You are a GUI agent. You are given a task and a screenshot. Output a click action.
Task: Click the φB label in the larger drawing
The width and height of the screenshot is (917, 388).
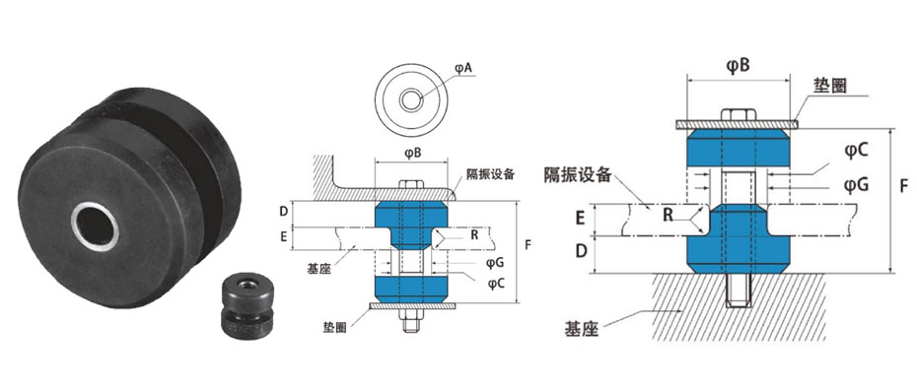[x=737, y=65]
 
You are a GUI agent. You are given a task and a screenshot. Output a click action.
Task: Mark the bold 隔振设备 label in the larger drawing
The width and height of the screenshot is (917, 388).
[x=578, y=174]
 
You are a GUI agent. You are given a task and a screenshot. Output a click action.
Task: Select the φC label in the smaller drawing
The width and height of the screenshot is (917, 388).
[x=496, y=283]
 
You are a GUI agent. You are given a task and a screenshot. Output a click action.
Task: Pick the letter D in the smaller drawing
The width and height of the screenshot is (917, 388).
[x=283, y=211]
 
